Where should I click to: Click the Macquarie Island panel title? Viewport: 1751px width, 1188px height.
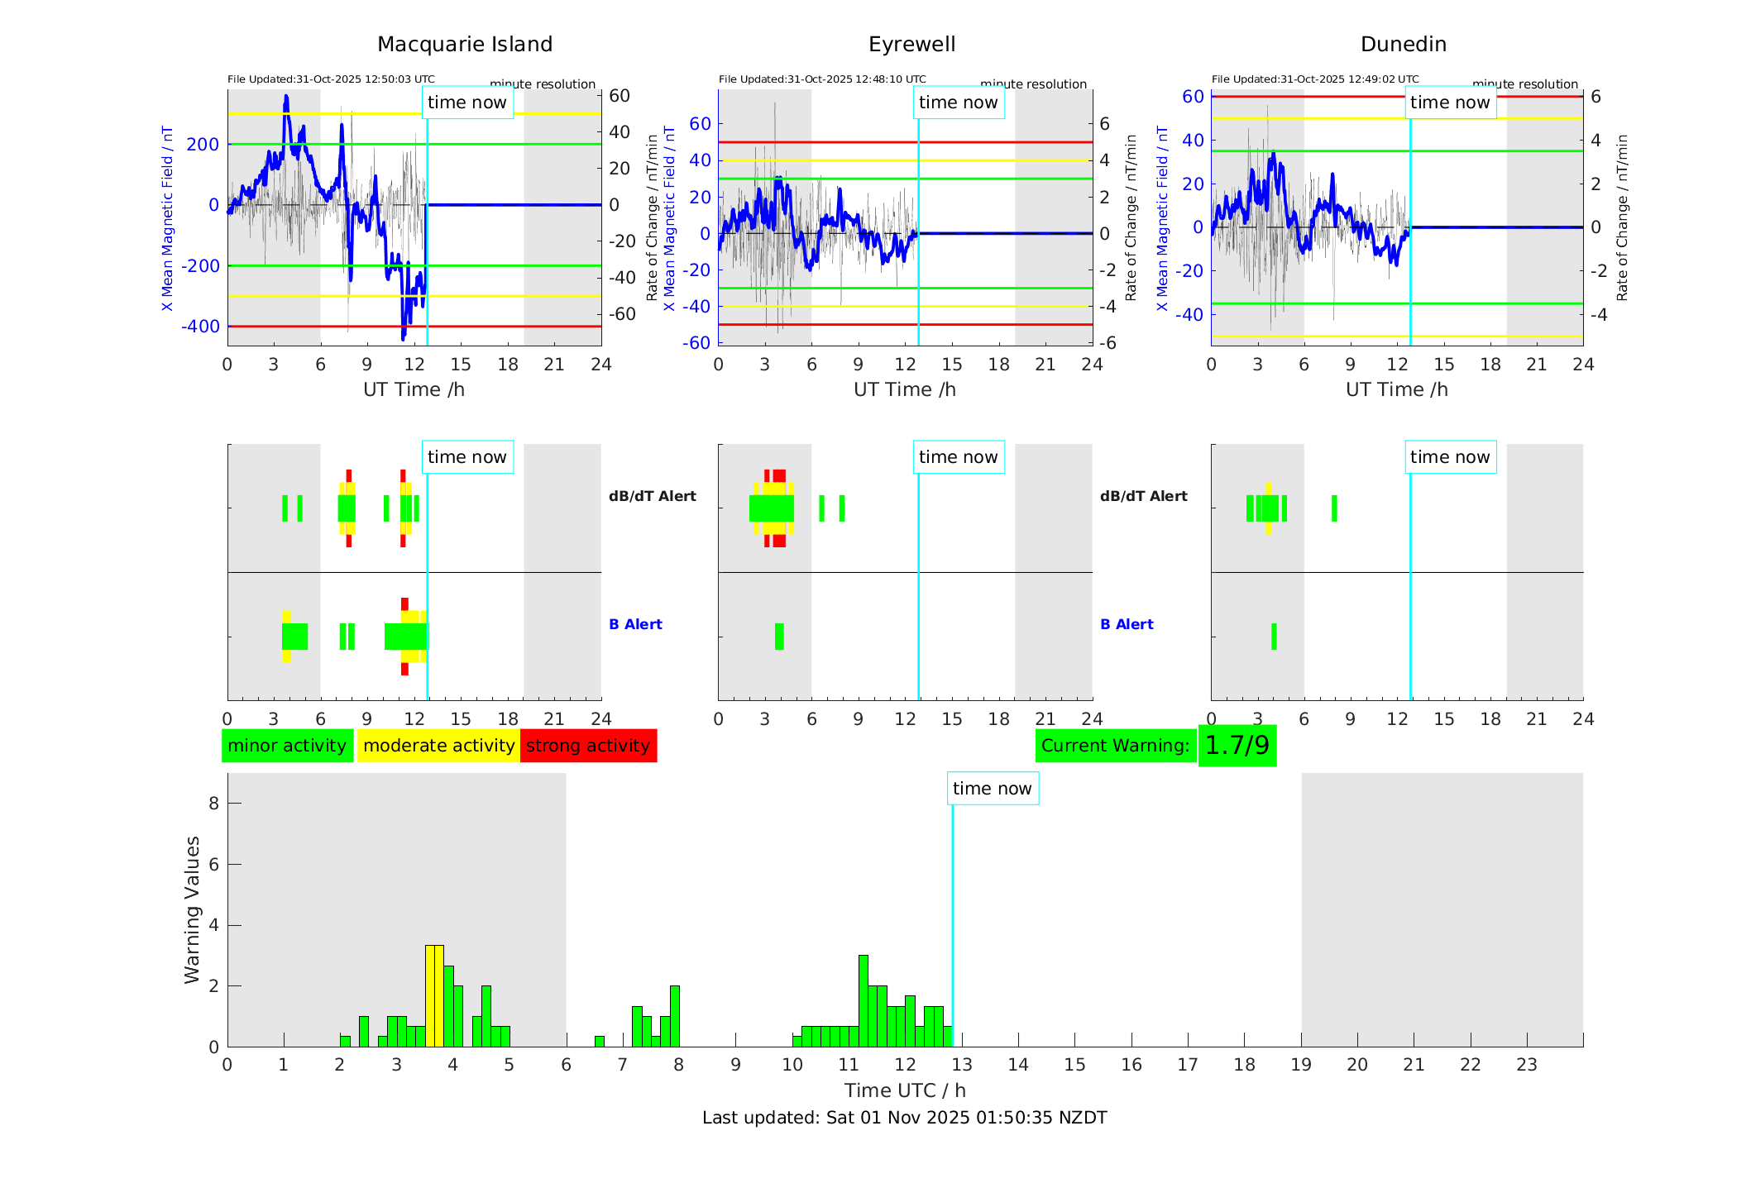[464, 45]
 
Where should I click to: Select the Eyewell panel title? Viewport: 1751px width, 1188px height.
[911, 45]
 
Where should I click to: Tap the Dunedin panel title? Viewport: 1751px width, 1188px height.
[1403, 45]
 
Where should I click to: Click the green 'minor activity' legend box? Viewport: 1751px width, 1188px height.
[287, 746]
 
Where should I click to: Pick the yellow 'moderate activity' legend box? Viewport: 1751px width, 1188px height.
[438, 746]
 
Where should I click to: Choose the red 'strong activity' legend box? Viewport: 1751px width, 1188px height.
[588, 746]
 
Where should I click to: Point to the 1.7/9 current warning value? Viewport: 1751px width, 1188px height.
[1237, 746]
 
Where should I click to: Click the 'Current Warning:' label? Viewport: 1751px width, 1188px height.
[1115, 746]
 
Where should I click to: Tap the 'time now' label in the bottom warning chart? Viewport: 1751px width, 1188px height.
[992, 789]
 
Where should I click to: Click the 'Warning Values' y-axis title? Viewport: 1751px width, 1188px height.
[193, 909]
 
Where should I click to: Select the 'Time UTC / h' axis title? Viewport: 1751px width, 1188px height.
[905, 1090]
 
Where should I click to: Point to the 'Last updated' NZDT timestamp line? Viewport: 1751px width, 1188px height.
[904, 1118]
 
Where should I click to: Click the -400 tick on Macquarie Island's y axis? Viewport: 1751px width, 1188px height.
[200, 327]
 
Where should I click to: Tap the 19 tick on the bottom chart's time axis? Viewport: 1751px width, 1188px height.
[1301, 1065]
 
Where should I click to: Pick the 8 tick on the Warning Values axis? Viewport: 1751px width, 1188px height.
[213, 803]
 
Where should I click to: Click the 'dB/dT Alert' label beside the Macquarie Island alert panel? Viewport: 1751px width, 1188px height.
[652, 496]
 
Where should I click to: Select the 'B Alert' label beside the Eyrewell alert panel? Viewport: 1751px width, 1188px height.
[1127, 624]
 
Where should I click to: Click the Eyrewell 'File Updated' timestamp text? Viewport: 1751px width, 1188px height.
[822, 79]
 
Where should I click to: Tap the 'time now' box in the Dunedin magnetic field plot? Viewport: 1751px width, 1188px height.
[1449, 103]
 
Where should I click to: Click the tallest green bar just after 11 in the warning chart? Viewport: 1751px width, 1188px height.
[864, 1000]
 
